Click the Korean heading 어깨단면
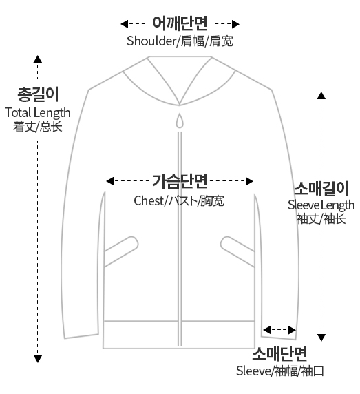coord(180,23)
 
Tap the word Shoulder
coord(151,41)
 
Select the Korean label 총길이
coord(38,94)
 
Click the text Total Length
coord(38,113)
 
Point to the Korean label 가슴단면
coord(180,181)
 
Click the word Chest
coord(149,200)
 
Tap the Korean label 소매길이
coord(321,189)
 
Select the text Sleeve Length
coord(321,205)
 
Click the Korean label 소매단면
coord(279,354)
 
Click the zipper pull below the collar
coord(180,121)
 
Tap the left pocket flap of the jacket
coord(121,251)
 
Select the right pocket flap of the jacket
coord(237,251)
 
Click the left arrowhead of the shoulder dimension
coord(125,24)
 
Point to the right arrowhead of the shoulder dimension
coord(235,24)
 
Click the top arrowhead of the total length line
coord(38,59)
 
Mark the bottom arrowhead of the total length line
coord(38,359)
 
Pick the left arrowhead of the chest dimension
coord(109,181)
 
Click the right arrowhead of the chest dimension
coord(249,181)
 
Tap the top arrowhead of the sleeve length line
coord(321,96)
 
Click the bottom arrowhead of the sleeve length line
coord(321,338)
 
